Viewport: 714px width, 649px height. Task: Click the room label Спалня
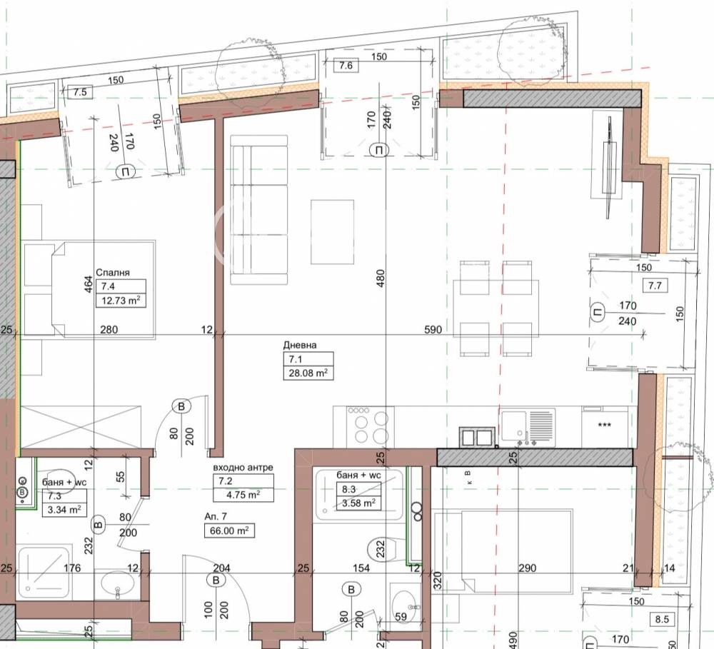tap(113, 272)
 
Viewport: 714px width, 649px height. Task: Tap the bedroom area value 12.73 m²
tap(120, 301)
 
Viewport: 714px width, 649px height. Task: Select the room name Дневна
tap(300, 345)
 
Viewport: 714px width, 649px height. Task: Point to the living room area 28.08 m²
tap(308, 373)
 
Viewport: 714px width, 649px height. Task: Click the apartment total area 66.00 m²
tap(229, 530)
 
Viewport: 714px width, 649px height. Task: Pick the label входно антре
tap(243, 467)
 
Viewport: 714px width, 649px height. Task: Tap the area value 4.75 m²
tap(244, 495)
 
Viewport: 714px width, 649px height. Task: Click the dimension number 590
tap(433, 329)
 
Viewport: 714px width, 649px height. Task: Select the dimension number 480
tap(381, 278)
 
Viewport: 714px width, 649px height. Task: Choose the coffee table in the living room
tap(333, 232)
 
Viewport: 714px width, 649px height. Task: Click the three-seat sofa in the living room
tap(259, 209)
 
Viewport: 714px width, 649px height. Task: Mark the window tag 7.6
tap(346, 66)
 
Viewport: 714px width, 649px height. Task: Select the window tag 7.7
tap(655, 286)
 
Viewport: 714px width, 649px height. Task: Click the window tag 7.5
tap(80, 92)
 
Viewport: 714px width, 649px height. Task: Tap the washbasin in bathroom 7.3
tap(118, 584)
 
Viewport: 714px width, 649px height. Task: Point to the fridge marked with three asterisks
tap(604, 426)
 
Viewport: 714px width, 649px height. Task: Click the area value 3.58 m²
tap(359, 503)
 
